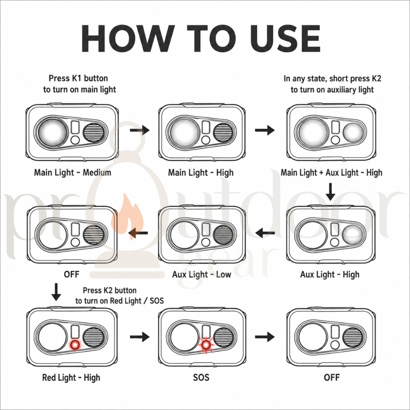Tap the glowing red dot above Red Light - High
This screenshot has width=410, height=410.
(x=75, y=345)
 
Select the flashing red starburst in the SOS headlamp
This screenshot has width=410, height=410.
(x=206, y=345)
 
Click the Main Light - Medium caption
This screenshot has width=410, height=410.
(x=73, y=173)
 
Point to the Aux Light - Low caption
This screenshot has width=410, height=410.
(x=202, y=274)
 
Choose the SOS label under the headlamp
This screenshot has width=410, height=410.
(x=201, y=377)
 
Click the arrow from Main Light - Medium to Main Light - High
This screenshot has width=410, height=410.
(x=140, y=130)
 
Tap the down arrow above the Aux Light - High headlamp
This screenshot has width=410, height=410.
(x=331, y=192)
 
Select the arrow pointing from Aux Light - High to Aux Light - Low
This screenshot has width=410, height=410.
(x=265, y=232)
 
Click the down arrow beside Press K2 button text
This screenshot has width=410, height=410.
(x=56, y=292)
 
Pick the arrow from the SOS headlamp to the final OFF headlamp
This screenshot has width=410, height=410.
(x=265, y=337)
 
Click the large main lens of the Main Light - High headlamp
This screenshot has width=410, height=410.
(x=183, y=132)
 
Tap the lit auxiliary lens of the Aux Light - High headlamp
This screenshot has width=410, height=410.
(x=353, y=235)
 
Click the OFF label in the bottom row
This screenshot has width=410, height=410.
(x=331, y=377)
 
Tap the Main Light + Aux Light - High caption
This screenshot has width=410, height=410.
(x=331, y=173)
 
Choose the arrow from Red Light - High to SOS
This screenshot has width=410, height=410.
(x=140, y=337)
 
